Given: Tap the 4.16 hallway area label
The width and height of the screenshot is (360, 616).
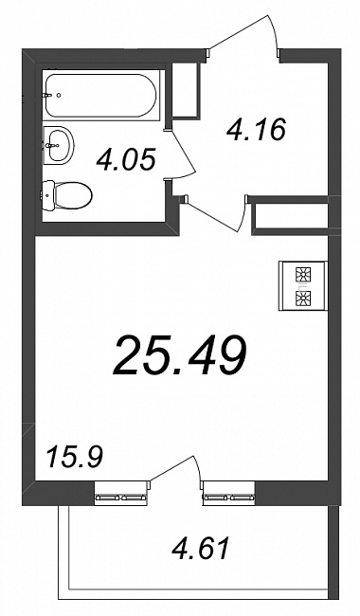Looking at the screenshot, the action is coord(256,130).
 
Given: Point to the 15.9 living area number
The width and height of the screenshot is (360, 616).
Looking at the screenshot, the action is coord(74,457).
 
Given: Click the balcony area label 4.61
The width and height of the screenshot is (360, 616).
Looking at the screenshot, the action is coord(200,549).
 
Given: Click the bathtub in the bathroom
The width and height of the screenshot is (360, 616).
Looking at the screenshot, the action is coord(100,96).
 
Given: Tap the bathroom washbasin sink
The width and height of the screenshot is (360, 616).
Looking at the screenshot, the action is coord(58,145).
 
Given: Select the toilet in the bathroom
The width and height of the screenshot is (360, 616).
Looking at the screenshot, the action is coord(66,194).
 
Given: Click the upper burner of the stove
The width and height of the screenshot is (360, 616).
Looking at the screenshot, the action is coord(303,274).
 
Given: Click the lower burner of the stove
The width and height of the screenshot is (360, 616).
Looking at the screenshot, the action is coord(303,298).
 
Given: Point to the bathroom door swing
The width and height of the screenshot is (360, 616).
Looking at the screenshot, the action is coord(184,154).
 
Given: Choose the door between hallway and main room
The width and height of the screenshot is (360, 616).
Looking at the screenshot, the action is coord(220,214).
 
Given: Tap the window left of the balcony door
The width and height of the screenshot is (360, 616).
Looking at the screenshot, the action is coord(121,492).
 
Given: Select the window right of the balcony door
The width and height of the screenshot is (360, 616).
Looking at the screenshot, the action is coord(228,492).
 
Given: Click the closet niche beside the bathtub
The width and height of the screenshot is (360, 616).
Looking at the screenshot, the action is coord(187,90).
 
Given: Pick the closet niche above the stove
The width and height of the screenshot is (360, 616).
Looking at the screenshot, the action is coord(291,216).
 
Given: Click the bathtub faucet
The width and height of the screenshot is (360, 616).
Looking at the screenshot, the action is coord(48,95).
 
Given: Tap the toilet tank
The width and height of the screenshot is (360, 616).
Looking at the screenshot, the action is coord(47,195).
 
